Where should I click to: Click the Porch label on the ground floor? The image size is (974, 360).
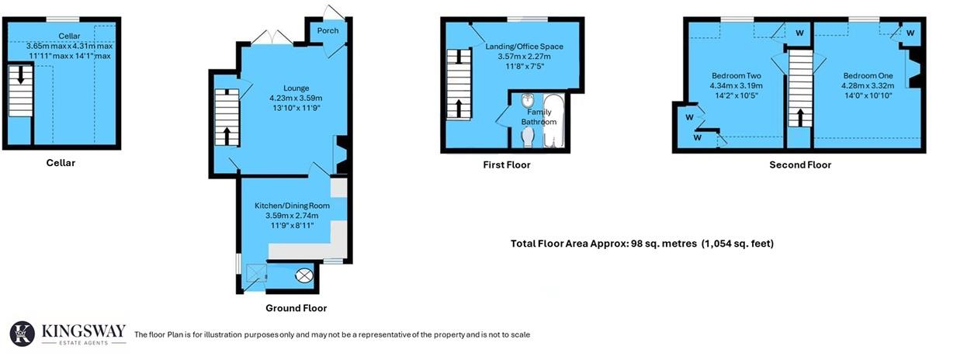pyautogui.click(x=328, y=31)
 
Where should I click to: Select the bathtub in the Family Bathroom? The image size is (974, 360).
pyautogui.click(x=556, y=121)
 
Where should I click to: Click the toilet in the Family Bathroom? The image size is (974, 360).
pyautogui.click(x=529, y=137)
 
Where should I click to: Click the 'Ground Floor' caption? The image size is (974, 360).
pyautogui.click(x=296, y=308)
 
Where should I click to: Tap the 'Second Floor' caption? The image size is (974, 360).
pyautogui.click(x=799, y=164)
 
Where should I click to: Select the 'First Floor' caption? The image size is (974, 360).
pyautogui.click(x=506, y=164)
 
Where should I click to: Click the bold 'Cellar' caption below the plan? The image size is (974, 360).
pyautogui.click(x=61, y=163)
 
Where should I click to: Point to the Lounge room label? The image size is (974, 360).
pyautogui.click(x=296, y=88)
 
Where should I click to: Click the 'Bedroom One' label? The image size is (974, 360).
pyautogui.click(x=868, y=75)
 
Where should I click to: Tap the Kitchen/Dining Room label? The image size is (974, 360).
pyautogui.click(x=292, y=206)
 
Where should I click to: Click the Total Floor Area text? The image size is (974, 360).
pyautogui.click(x=642, y=244)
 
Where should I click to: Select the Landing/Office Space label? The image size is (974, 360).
pyautogui.click(x=524, y=47)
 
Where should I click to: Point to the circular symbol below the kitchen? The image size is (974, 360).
pyautogui.click(x=304, y=275)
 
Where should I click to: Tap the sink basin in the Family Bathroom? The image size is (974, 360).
pyautogui.click(x=529, y=100)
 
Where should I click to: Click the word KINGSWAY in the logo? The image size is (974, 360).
pyautogui.click(x=83, y=331)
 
